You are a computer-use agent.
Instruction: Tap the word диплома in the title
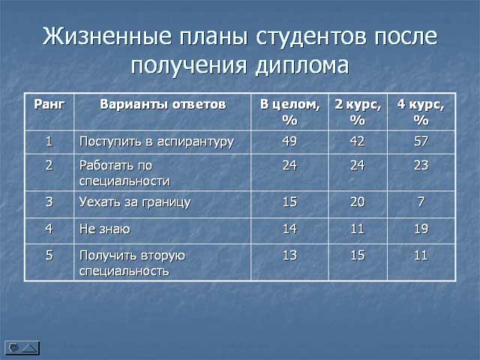[x=301, y=65]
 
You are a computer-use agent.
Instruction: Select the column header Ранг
[x=49, y=104]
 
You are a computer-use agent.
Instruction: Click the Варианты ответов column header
[x=163, y=104]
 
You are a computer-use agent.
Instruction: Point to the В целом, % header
[x=290, y=112]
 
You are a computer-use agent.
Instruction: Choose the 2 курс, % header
[x=358, y=112]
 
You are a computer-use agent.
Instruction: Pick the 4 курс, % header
[x=421, y=112]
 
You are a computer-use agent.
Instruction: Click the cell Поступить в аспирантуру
[x=157, y=142]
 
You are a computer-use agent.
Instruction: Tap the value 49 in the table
[x=289, y=141]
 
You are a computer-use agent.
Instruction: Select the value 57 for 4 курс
[x=421, y=141]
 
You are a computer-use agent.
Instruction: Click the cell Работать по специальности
[x=124, y=173]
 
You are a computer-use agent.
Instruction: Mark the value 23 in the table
[x=421, y=165]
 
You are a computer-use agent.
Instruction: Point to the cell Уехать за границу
[x=135, y=202]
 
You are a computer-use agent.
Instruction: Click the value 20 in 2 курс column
[x=358, y=202]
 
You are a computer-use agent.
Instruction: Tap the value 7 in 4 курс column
[x=421, y=202]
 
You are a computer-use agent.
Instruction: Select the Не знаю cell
[x=105, y=229]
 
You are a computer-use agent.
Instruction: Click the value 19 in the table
[x=421, y=229]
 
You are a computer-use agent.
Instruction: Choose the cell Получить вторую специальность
[x=132, y=263]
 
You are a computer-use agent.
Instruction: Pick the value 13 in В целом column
[x=289, y=255]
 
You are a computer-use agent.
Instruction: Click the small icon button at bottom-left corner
[x=22, y=348]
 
